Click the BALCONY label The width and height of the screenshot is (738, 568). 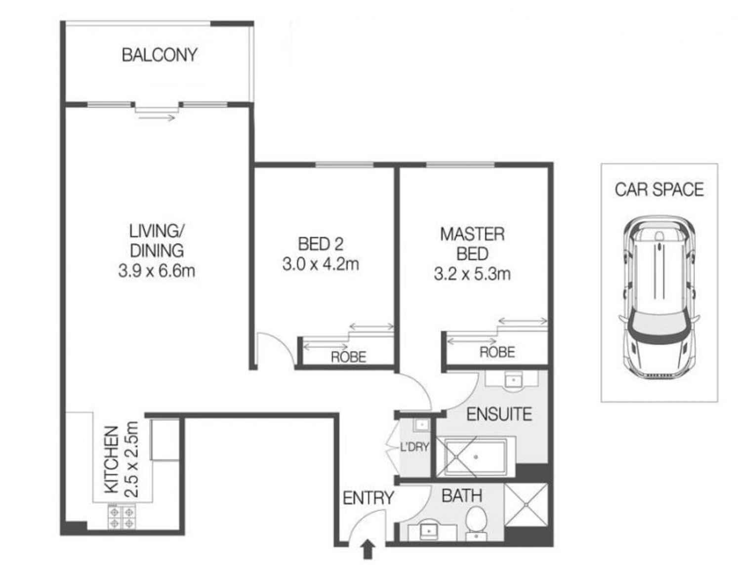pyautogui.click(x=159, y=54)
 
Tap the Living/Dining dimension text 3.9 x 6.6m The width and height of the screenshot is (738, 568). pyautogui.click(x=157, y=271)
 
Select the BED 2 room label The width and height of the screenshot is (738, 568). pyautogui.click(x=321, y=244)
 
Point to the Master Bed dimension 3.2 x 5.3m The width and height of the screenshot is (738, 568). pyautogui.click(x=472, y=274)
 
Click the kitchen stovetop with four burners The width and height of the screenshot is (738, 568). pyautogui.click(x=122, y=517)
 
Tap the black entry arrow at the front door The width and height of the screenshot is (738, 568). pyautogui.click(x=368, y=550)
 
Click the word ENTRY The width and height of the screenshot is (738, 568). pyautogui.click(x=368, y=498)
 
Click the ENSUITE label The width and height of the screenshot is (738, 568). pyautogui.click(x=499, y=414)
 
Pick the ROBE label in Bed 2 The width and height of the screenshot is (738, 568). pyautogui.click(x=348, y=357)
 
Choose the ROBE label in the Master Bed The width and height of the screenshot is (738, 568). pyautogui.click(x=497, y=352)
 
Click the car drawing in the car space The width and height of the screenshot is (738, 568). pyautogui.click(x=659, y=296)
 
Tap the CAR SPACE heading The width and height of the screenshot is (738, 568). pyautogui.click(x=659, y=190)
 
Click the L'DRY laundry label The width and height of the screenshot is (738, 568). pyautogui.click(x=414, y=447)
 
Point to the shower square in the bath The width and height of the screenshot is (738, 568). pyautogui.click(x=527, y=504)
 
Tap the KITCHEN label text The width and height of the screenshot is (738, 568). pyautogui.click(x=112, y=459)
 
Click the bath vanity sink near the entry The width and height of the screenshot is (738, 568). pyautogui.click(x=429, y=531)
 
